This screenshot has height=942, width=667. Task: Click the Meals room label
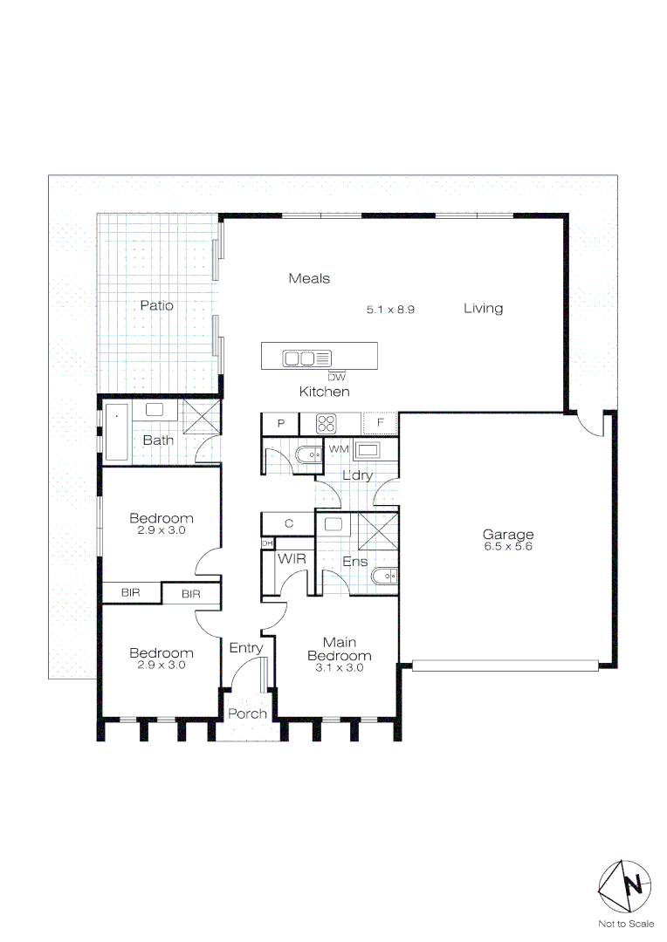(x=309, y=278)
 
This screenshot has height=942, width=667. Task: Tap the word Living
(x=483, y=308)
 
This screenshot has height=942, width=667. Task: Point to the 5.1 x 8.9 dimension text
(x=395, y=309)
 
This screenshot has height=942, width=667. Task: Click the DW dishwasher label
(x=336, y=377)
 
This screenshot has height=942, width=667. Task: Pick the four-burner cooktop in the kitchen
(x=326, y=423)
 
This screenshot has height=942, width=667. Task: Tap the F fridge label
(x=380, y=423)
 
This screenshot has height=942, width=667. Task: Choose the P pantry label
(x=281, y=423)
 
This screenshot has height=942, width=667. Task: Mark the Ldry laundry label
(x=357, y=475)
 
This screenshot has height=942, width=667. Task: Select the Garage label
(x=508, y=535)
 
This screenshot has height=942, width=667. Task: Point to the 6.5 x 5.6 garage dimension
(x=508, y=547)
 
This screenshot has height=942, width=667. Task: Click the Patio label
(x=156, y=305)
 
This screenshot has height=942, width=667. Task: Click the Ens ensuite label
(x=354, y=562)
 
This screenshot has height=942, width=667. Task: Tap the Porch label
(x=247, y=713)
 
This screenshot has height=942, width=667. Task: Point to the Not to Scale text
(x=625, y=924)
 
